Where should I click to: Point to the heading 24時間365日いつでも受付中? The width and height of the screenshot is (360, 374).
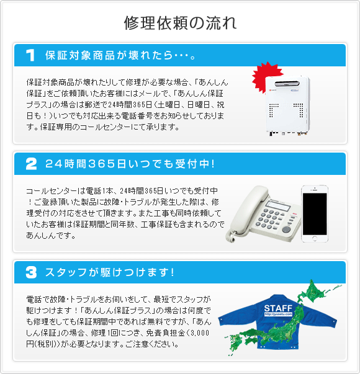coord(130,164)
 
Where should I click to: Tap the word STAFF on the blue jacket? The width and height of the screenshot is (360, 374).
coord(277,308)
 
